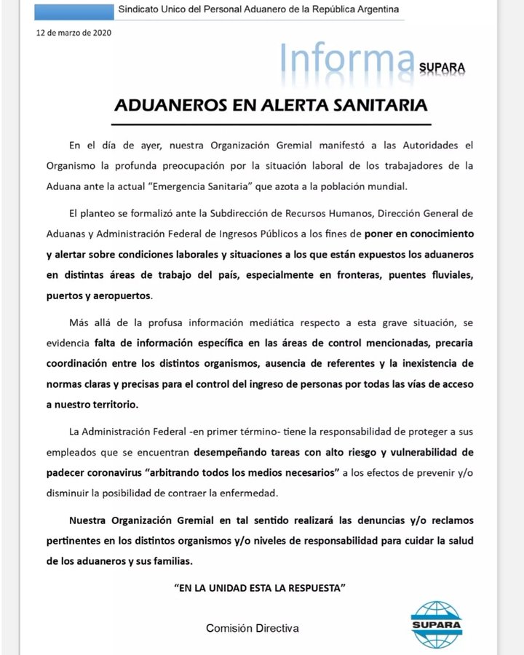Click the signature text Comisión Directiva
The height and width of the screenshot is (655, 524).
(x=252, y=627)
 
